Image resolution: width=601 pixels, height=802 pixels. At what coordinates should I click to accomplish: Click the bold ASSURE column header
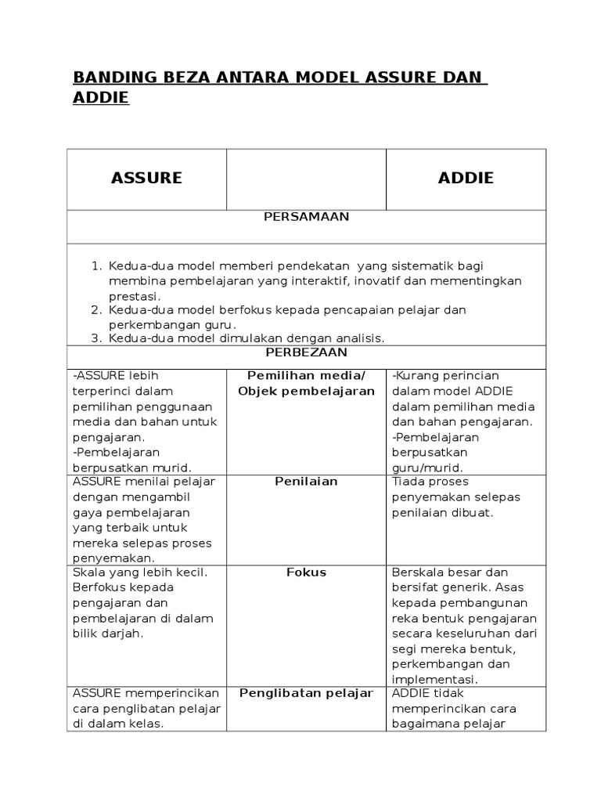pos(146,178)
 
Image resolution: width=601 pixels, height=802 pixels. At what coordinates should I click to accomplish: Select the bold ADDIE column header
pos(466,178)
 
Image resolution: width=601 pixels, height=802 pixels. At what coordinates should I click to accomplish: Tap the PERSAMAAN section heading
pos(306,217)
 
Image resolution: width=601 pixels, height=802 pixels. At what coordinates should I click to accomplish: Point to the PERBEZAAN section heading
pos(306,353)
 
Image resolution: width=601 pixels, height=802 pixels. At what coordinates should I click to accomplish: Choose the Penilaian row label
pos(306,481)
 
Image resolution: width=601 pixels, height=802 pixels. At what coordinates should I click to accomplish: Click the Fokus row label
pos(306,573)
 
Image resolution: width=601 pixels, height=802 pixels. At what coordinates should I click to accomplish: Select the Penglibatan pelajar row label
pos(306,693)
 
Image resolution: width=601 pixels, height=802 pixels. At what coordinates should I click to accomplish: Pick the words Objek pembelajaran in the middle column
pos(306,391)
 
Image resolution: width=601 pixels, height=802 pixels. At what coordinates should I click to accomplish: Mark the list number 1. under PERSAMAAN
pos(98,266)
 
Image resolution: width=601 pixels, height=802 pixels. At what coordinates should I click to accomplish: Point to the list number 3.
pos(98,338)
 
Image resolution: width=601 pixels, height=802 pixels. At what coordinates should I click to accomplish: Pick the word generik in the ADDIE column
pos(467,587)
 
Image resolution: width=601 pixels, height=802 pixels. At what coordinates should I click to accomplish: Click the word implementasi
pos(434,679)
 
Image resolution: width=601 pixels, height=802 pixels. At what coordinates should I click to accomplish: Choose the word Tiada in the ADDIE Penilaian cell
pos(408,481)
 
